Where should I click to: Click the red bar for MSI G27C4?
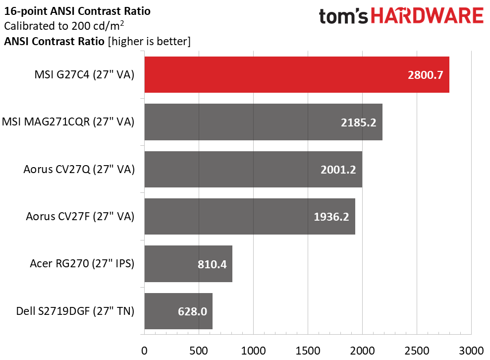coord(297,75)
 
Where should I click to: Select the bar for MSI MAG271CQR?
coord(263,122)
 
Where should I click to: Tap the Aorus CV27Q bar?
coord(253,169)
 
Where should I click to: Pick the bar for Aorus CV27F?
coord(250,216)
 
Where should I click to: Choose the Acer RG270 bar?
coord(188,264)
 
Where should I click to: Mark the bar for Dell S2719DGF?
coord(178,311)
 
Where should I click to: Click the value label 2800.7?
coord(425,75)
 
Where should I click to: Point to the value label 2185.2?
coord(358,122)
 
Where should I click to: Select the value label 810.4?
coord(212,264)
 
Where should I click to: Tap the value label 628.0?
coord(192,311)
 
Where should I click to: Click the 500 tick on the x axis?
coord(199,351)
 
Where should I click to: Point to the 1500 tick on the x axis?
coord(308,351)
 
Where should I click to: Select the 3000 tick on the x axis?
coord(471,351)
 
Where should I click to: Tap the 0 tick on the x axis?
coord(144,351)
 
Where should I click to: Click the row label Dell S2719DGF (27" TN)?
coord(75,311)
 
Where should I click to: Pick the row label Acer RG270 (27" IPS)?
coord(82,264)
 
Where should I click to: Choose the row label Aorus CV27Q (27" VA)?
coord(79,169)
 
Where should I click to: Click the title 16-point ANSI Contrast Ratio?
coord(77,11)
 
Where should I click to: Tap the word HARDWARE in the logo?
coord(427,16)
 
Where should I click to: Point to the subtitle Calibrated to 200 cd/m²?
coord(64,26)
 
